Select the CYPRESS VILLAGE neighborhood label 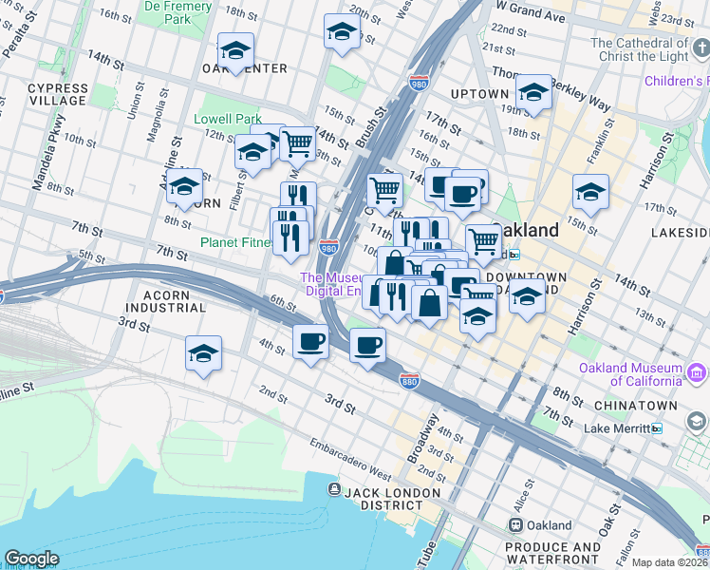coord(57,95)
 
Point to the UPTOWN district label coord(479,94)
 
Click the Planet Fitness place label coord(234,242)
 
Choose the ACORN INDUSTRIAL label coord(165,301)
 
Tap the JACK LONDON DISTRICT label coord(393,500)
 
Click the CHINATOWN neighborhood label coord(635,406)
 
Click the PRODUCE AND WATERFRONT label coord(552,554)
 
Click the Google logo coord(31,559)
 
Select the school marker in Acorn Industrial coord(203,354)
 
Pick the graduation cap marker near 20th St coord(342,33)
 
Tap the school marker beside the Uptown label coord(534,93)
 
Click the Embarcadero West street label coord(351,457)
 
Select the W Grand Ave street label coord(530,8)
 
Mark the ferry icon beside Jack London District coord(334,489)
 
